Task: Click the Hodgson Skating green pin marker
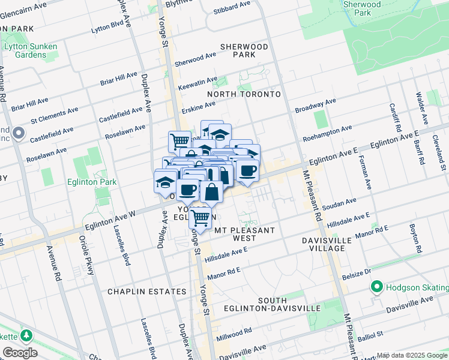click(377, 287)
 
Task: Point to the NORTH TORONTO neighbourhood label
click(244, 94)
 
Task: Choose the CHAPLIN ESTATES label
click(135, 292)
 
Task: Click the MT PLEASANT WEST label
click(244, 234)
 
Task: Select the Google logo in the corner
click(20, 352)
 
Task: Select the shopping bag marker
click(211, 193)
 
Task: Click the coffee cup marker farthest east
click(247, 170)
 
